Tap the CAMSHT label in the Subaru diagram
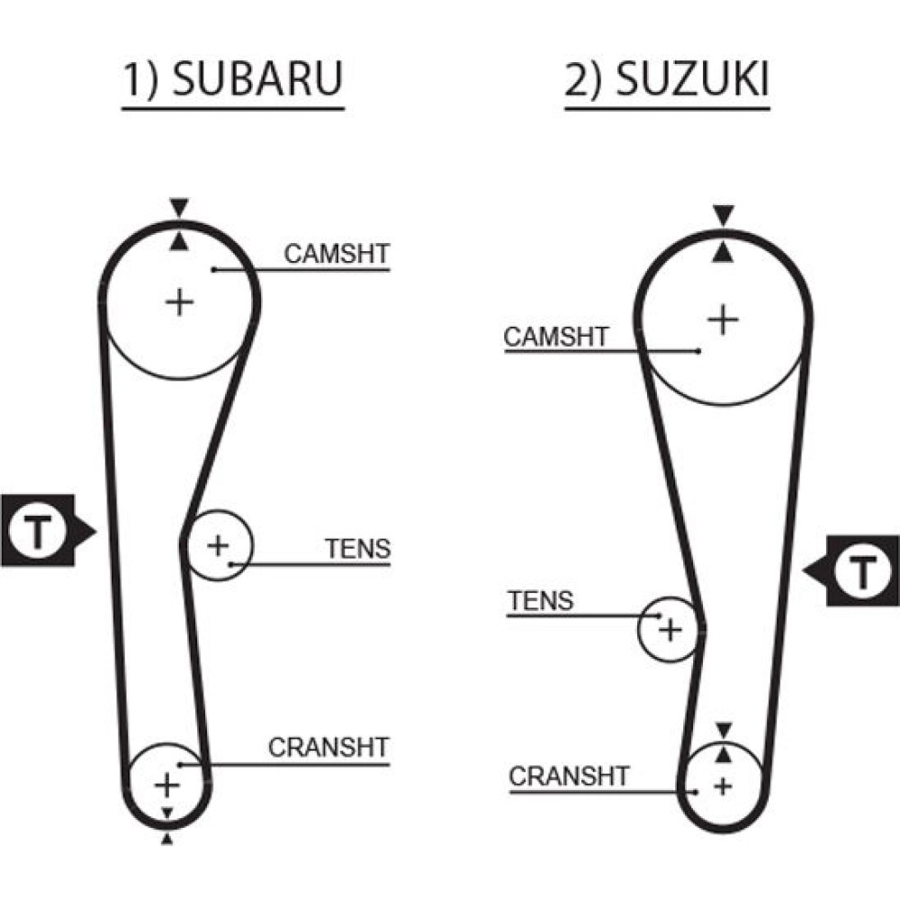(x=337, y=254)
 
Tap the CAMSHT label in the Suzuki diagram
(x=556, y=337)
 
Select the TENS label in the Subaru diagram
(x=358, y=549)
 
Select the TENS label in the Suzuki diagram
(x=541, y=601)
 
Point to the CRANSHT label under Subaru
(x=328, y=747)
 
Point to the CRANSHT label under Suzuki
(x=570, y=777)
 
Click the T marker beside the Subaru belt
(x=39, y=530)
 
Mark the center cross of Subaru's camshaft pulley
(x=180, y=302)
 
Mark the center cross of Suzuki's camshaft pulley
(x=724, y=319)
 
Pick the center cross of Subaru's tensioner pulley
(x=218, y=545)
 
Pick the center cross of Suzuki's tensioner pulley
(x=670, y=630)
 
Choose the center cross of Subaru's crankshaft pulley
(x=167, y=785)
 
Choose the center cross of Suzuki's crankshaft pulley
(x=723, y=786)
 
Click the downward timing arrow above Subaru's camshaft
(x=179, y=207)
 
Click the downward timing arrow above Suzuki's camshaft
(x=724, y=215)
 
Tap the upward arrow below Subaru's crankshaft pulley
(x=166, y=839)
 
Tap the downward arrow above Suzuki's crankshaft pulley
(x=724, y=730)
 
